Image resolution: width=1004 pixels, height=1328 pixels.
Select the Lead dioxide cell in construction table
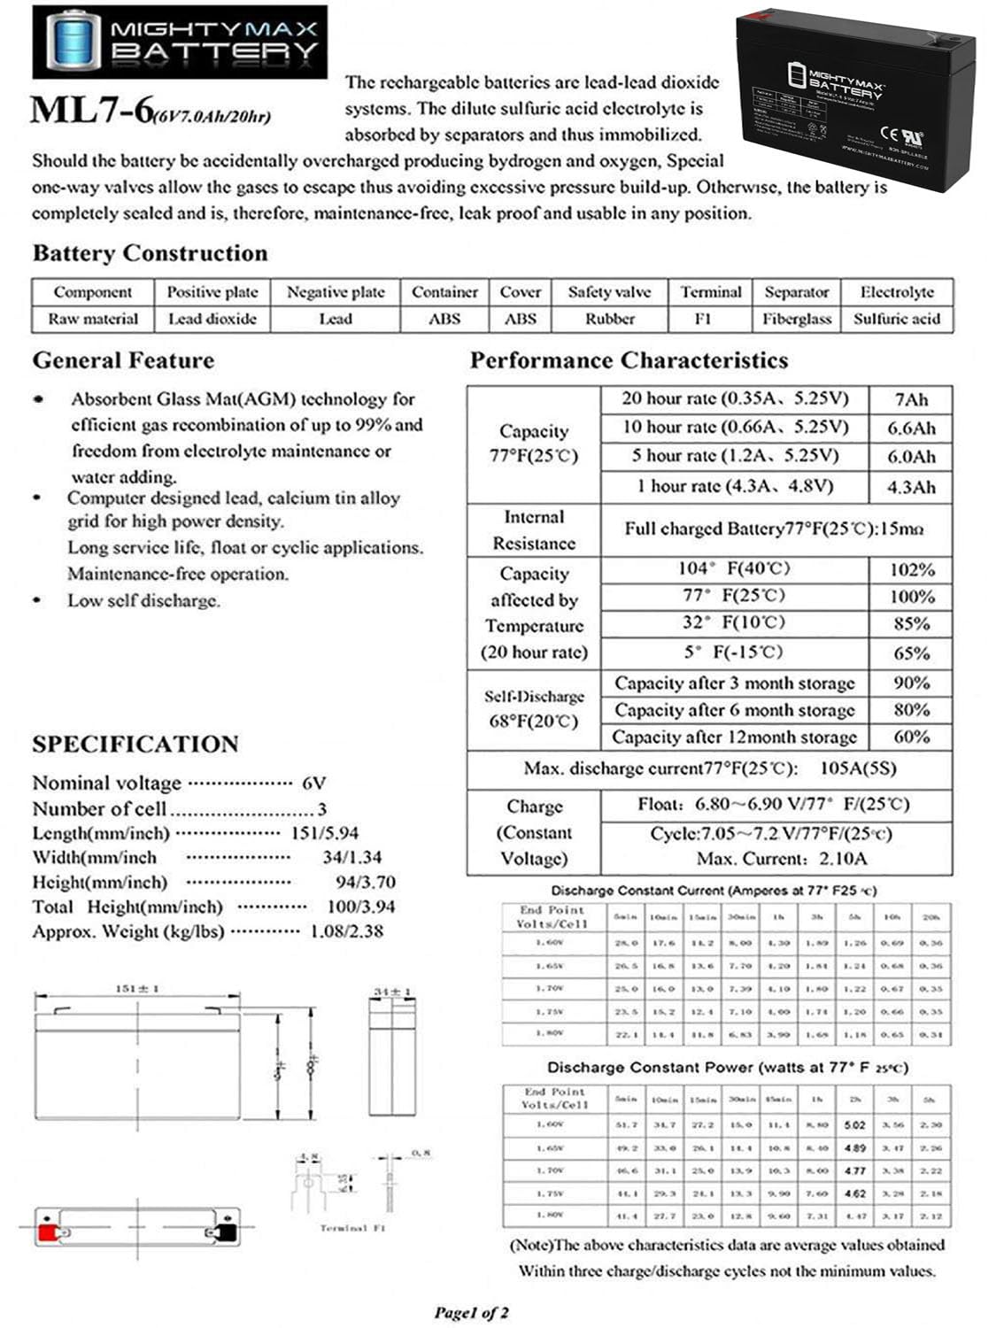click(x=212, y=319)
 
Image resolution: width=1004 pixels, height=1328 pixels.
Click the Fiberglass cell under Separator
click(x=797, y=319)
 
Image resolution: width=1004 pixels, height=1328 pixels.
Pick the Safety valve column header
click(x=609, y=292)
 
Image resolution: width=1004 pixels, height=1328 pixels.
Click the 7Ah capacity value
click(x=911, y=399)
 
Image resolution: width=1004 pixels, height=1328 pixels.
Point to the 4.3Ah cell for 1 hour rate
click(x=911, y=487)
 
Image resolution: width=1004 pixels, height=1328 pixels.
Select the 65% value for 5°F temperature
click(x=911, y=653)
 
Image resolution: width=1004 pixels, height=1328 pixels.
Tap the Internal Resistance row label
click(x=534, y=529)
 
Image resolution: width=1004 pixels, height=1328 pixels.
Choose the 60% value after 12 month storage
click(x=911, y=737)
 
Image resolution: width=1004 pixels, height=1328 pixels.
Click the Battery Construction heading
click(x=150, y=253)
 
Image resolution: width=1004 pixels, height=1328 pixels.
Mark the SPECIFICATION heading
click(x=135, y=744)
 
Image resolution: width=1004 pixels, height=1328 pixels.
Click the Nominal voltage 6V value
click(x=314, y=784)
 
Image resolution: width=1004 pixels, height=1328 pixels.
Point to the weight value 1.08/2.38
click(x=346, y=931)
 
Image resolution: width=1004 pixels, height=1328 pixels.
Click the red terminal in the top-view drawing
click(x=47, y=1231)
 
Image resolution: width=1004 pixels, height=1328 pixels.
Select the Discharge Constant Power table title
click(x=727, y=1068)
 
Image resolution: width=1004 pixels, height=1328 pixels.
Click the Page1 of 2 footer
click(x=471, y=1312)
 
